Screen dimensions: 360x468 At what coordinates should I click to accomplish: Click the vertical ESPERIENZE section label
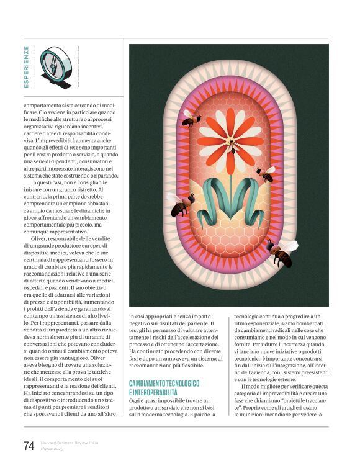tap(26, 66)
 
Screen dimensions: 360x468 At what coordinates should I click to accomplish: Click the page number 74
tap(29, 445)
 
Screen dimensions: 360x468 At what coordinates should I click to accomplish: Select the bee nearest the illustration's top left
tap(190, 117)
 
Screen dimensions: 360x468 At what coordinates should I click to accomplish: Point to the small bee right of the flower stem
tap(266, 174)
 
